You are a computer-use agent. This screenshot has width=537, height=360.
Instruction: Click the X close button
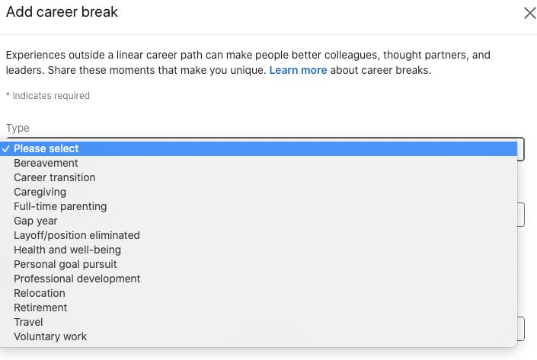[530, 14]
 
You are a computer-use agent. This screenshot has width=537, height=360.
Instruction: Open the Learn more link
[298, 70]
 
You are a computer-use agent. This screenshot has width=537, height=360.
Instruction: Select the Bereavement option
[46, 163]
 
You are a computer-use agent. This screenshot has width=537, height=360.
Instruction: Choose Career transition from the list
[54, 177]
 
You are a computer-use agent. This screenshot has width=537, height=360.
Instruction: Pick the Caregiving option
[40, 193]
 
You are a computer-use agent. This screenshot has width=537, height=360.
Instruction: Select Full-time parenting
[60, 207]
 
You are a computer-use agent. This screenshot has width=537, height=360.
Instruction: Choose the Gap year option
[36, 221]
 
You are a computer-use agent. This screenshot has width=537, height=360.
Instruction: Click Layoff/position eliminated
[77, 235]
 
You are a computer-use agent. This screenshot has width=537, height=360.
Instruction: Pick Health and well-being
[68, 250]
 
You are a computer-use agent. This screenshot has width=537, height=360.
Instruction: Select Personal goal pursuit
[66, 265]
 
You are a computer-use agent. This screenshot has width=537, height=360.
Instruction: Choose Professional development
[77, 279]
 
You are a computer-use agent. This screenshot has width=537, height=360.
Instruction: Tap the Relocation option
[40, 293]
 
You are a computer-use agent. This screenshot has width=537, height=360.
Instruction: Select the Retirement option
[40, 307]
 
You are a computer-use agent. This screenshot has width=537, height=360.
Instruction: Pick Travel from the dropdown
[28, 322]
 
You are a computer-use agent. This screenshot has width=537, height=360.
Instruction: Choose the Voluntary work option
[50, 336]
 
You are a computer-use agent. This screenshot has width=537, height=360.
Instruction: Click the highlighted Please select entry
[46, 148]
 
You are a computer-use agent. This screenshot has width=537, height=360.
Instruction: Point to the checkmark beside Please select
[5, 148]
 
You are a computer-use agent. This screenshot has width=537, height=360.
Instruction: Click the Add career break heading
[62, 12]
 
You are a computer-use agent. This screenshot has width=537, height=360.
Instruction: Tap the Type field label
[18, 128]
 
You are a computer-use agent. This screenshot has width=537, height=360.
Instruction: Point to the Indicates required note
[48, 96]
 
